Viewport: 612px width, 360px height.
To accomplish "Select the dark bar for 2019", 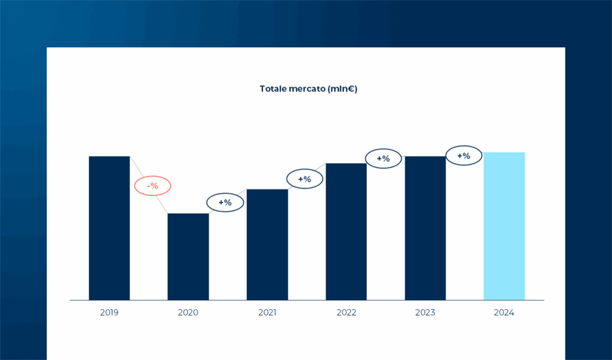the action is [109, 228].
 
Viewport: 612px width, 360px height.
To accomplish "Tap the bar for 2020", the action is [188, 257].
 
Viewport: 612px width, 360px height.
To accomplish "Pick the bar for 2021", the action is [267, 245].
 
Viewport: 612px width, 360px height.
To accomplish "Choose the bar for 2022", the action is [346, 231].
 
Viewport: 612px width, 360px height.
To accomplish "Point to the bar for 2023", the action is [426, 228].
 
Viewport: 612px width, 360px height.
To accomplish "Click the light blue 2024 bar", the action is [504, 226].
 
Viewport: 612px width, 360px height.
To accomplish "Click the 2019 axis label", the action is [109, 312].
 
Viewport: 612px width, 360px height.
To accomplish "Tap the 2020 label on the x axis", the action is [188, 312].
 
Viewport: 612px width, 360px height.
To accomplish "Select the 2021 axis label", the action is [267, 312].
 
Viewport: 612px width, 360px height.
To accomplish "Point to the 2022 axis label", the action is [346, 312].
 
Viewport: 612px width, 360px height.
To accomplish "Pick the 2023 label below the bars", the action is [426, 312].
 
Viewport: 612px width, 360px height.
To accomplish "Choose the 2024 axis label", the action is [504, 312].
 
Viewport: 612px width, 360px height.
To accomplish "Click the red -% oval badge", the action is [152, 186].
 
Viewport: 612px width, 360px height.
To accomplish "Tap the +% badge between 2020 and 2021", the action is [225, 202].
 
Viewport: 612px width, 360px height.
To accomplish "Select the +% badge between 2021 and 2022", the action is [305, 179].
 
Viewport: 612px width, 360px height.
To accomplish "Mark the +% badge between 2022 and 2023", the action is [383, 158].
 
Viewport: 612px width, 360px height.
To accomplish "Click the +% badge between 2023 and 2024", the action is [464, 156].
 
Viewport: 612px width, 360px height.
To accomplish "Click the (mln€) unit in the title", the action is [342, 89].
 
